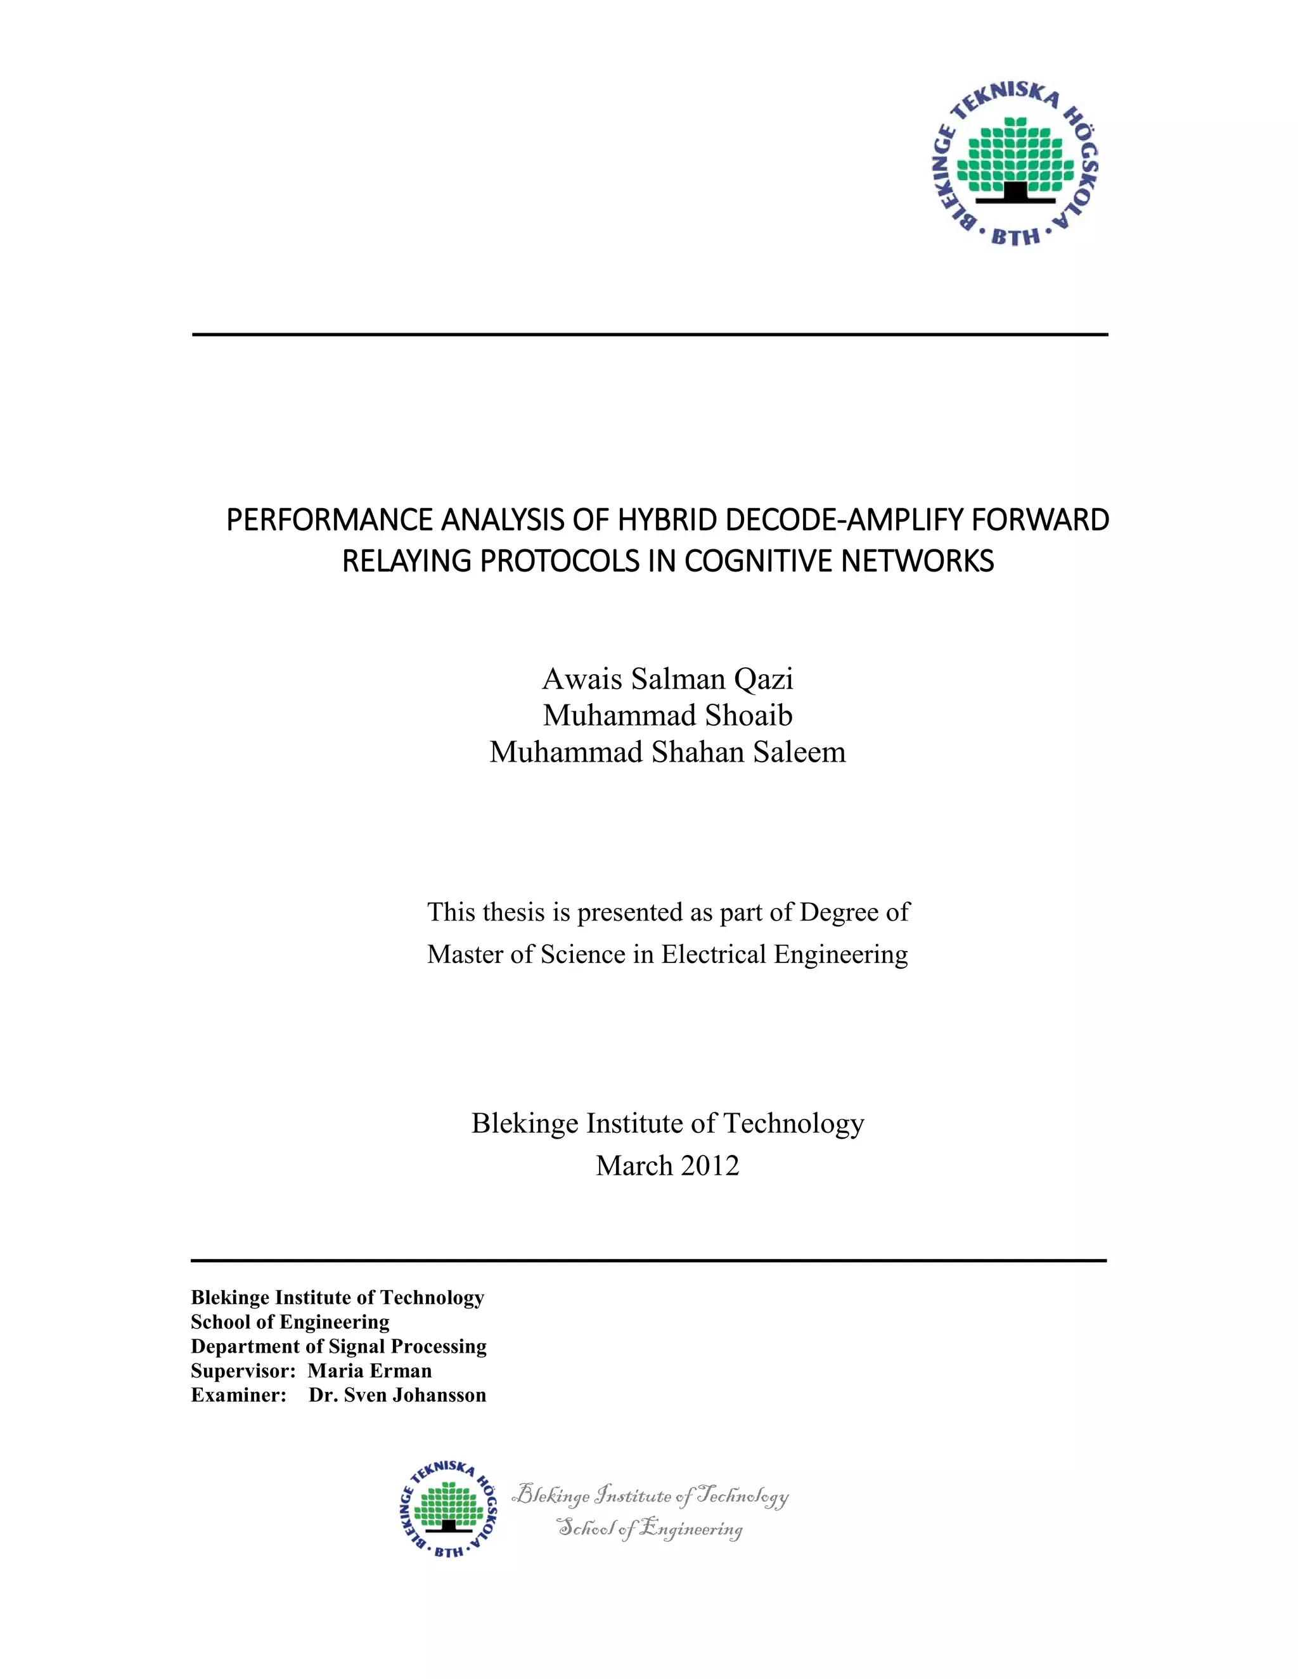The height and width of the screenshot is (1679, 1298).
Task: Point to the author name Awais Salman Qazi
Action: click(x=667, y=679)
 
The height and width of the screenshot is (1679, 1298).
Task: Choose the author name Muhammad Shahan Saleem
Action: click(x=667, y=752)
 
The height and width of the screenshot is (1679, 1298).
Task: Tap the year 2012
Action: click(x=709, y=1165)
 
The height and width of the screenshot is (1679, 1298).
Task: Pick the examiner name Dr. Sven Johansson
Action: click(x=397, y=1395)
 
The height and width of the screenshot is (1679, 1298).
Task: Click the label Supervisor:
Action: click(x=243, y=1370)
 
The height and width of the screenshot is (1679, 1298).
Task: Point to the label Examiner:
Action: click(x=238, y=1395)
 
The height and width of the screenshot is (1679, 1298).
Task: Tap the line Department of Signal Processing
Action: click(x=338, y=1346)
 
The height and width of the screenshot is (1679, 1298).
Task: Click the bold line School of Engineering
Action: click(x=290, y=1322)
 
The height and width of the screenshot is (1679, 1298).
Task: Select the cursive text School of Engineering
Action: click(x=650, y=1528)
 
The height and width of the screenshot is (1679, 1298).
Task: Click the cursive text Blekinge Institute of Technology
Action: click(x=650, y=1495)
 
